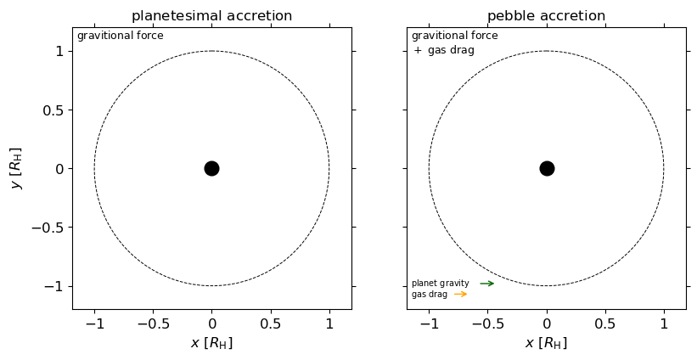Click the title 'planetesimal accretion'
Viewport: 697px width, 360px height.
point(211,16)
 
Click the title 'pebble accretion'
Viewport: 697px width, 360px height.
point(546,16)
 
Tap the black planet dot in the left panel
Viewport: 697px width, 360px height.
point(211,168)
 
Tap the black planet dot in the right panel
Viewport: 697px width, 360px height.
point(547,168)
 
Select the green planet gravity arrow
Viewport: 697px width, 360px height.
point(486,284)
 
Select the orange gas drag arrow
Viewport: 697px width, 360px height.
point(460,295)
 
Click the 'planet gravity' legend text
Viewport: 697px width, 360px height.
point(440,284)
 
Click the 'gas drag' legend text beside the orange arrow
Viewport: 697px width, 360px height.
point(429,295)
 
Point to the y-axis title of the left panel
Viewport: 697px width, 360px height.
point(16,168)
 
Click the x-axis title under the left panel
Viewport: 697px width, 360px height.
point(211,343)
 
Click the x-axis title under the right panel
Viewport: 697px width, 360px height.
point(546,343)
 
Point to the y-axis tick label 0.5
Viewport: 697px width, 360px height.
point(53,110)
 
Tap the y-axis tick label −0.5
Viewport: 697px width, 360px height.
point(49,228)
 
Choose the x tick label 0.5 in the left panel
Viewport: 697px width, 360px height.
point(270,323)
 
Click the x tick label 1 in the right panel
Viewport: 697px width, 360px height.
point(664,323)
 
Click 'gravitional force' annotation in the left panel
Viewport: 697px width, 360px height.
point(120,36)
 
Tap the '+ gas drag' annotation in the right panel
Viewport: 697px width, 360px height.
point(443,50)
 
